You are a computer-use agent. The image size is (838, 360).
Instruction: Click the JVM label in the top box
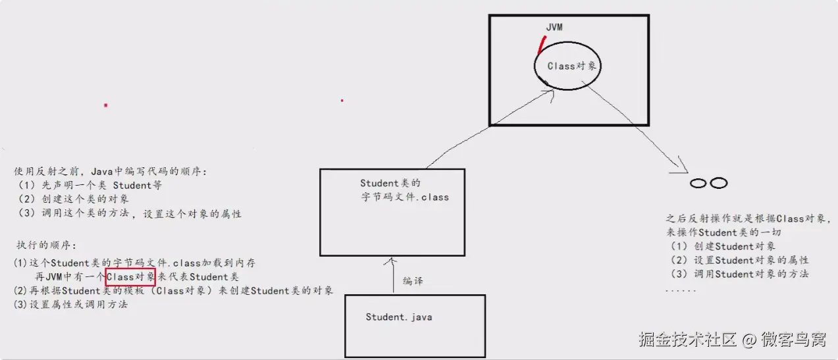coord(554,28)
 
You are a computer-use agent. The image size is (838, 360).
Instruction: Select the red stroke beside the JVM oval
coord(541,45)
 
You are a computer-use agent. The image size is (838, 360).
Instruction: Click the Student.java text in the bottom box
coord(399,317)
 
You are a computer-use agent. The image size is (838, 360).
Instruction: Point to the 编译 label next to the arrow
coord(413,281)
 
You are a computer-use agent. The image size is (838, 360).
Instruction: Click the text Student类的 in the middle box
coord(390,184)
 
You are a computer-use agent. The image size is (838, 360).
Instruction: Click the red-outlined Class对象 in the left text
coord(130,276)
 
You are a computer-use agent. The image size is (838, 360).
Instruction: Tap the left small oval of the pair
coord(697,184)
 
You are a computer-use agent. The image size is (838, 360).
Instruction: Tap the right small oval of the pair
coord(718,183)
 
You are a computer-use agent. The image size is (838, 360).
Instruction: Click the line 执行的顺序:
coord(47,245)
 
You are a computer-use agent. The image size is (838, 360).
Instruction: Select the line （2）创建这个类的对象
coord(74,199)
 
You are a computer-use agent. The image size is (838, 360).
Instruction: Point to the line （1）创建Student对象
coord(721,246)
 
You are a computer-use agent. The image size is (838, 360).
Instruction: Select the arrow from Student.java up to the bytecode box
coord(393,275)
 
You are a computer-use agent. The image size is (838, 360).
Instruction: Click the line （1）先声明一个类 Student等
coord(90,186)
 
